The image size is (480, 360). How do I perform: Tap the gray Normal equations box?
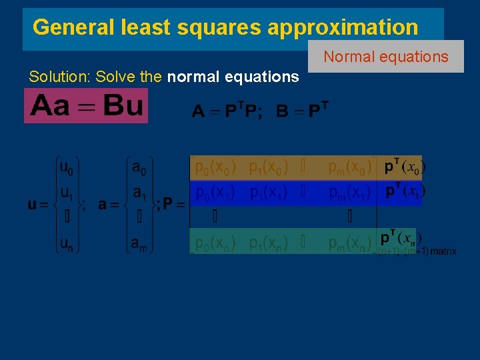coord(386,57)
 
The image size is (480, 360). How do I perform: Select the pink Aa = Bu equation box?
coord(86,107)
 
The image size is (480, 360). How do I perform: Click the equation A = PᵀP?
coord(227,110)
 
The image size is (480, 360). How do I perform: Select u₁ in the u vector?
coord(67,193)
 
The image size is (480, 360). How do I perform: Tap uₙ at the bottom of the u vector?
coord(67,245)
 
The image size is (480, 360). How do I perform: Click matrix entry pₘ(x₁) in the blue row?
coord(350,193)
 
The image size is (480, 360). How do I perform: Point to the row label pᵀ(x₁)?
coord(404,191)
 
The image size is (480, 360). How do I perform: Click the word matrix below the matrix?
coord(443,252)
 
